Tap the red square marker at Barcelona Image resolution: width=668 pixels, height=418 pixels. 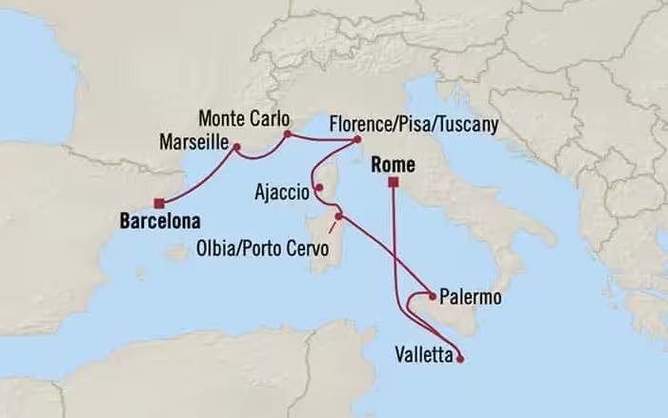click(160, 201)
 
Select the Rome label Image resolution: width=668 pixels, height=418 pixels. click(385, 164)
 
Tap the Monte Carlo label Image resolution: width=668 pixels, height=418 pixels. click(238, 120)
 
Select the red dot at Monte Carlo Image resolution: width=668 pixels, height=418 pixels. click(287, 134)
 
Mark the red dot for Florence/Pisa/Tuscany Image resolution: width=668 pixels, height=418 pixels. click(356, 140)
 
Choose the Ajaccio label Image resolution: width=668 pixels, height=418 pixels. click(281, 192)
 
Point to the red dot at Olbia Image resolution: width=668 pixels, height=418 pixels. click(338, 217)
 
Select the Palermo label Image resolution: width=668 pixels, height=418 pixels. click(472, 299)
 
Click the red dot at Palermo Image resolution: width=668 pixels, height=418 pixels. click(434, 295)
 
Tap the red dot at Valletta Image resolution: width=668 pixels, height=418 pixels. click(460, 359)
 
